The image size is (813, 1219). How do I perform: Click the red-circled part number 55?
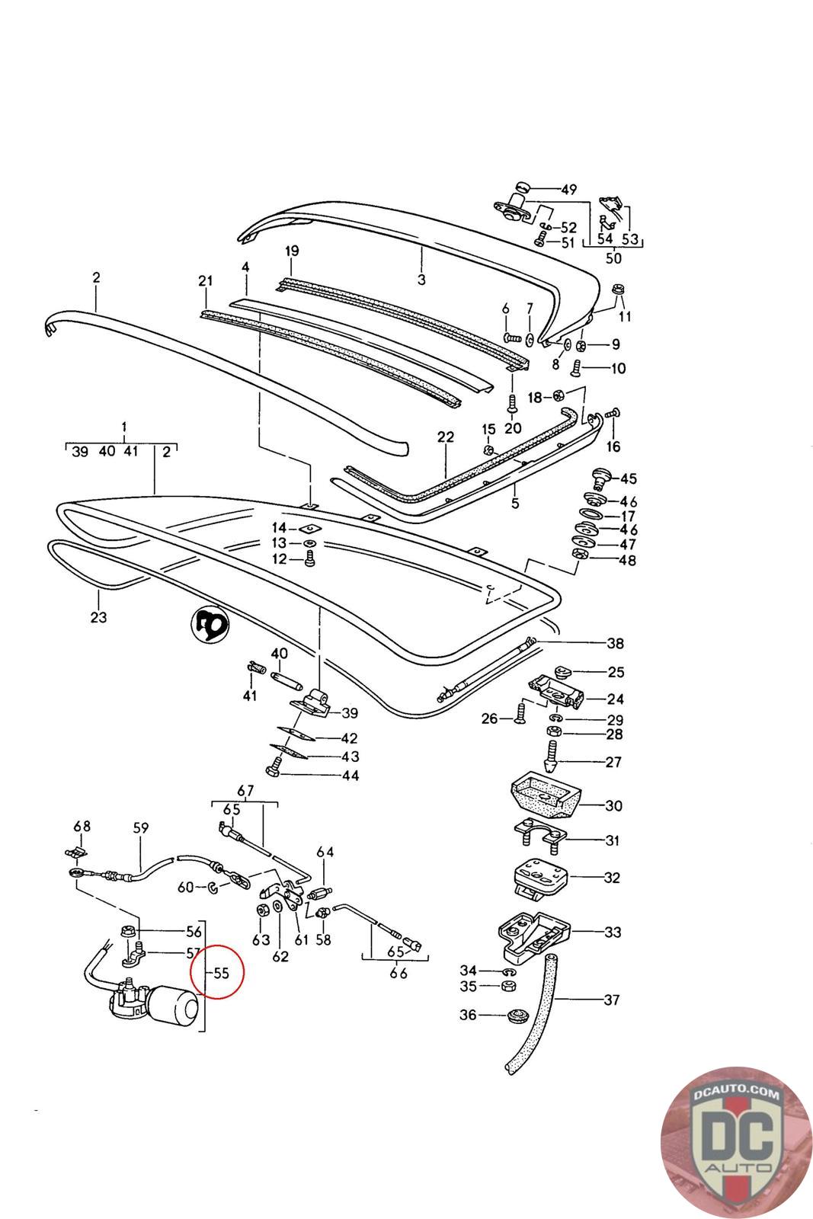click(x=221, y=973)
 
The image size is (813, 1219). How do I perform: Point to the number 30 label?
click(x=613, y=806)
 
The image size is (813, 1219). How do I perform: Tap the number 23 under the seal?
click(x=98, y=617)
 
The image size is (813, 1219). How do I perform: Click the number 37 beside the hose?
click(x=612, y=1000)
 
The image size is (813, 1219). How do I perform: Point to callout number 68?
click(x=82, y=827)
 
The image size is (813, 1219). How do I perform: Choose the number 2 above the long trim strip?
click(x=96, y=278)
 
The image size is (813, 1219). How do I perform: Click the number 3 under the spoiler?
click(x=421, y=280)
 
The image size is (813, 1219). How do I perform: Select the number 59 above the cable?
click(x=141, y=828)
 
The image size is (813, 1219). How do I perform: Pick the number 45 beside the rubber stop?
click(x=629, y=479)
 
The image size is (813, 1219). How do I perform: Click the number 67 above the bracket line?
click(x=245, y=789)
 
